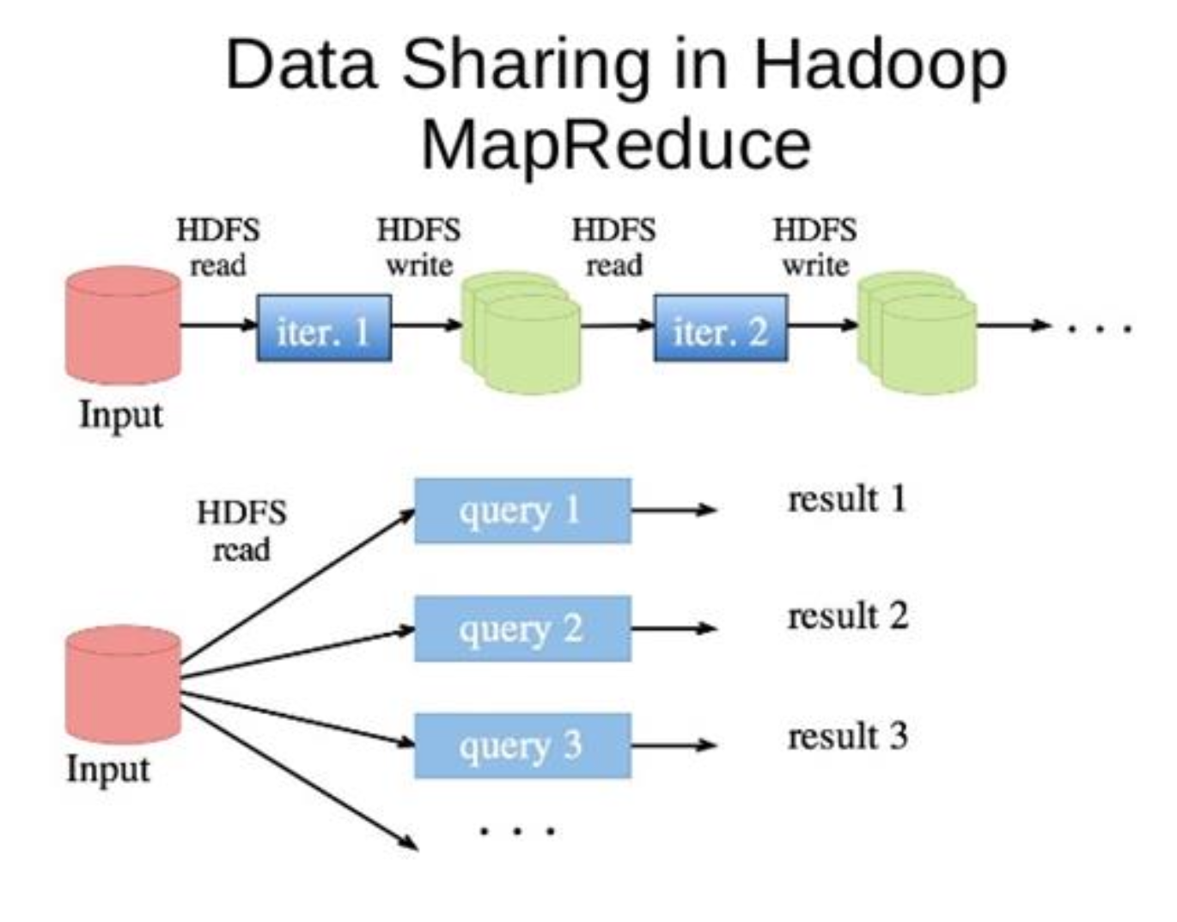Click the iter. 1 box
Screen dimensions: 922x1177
click(324, 328)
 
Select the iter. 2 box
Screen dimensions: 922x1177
click(720, 328)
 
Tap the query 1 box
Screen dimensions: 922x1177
click(522, 511)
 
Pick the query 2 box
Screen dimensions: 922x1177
click(522, 628)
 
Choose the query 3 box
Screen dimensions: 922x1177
click(522, 745)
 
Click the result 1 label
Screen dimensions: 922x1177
click(847, 499)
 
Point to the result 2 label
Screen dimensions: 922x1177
click(847, 616)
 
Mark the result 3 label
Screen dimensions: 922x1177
click(847, 736)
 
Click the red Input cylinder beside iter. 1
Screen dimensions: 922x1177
click(123, 325)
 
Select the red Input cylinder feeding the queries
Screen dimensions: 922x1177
click(123, 683)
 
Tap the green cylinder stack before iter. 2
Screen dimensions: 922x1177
click(521, 332)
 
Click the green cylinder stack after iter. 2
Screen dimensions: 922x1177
click(918, 332)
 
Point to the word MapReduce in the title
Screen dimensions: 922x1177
click(615, 144)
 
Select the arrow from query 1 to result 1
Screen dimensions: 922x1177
click(673, 510)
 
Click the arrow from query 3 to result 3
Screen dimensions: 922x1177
click(673, 744)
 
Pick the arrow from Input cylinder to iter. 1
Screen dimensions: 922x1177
click(218, 325)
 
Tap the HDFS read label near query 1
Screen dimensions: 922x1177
click(241, 531)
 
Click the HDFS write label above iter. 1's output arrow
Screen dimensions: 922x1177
click(418, 247)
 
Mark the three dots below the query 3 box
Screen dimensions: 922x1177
click(517, 830)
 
